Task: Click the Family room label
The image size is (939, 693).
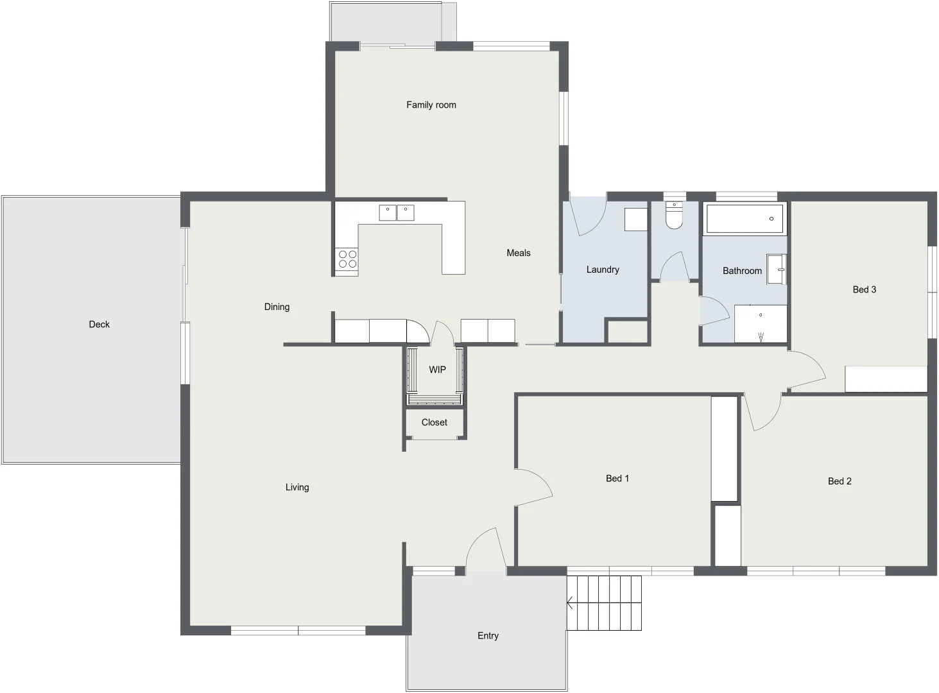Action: coord(431,105)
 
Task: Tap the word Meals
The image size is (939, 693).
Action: coord(518,253)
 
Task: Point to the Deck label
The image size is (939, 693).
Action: coord(99,324)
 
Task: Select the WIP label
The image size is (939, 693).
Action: coord(437,370)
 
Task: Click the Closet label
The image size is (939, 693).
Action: coord(434,422)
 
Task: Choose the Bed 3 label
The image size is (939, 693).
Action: coord(864,289)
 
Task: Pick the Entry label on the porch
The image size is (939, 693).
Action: coord(488,635)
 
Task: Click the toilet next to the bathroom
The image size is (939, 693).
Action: coord(674,216)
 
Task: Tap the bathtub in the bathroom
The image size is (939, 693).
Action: coord(745,219)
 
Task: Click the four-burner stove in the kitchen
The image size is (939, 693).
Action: coord(347,259)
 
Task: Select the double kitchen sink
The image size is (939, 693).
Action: coord(396,212)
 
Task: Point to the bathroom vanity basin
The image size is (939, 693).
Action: coord(777,269)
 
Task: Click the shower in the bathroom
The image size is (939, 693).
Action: coord(761,323)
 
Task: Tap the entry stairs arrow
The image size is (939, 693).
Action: coord(571,603)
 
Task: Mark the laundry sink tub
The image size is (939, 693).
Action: coord(635,219)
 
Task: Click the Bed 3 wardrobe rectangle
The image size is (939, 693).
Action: coord(886,379)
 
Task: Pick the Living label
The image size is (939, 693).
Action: coord(297,487)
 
